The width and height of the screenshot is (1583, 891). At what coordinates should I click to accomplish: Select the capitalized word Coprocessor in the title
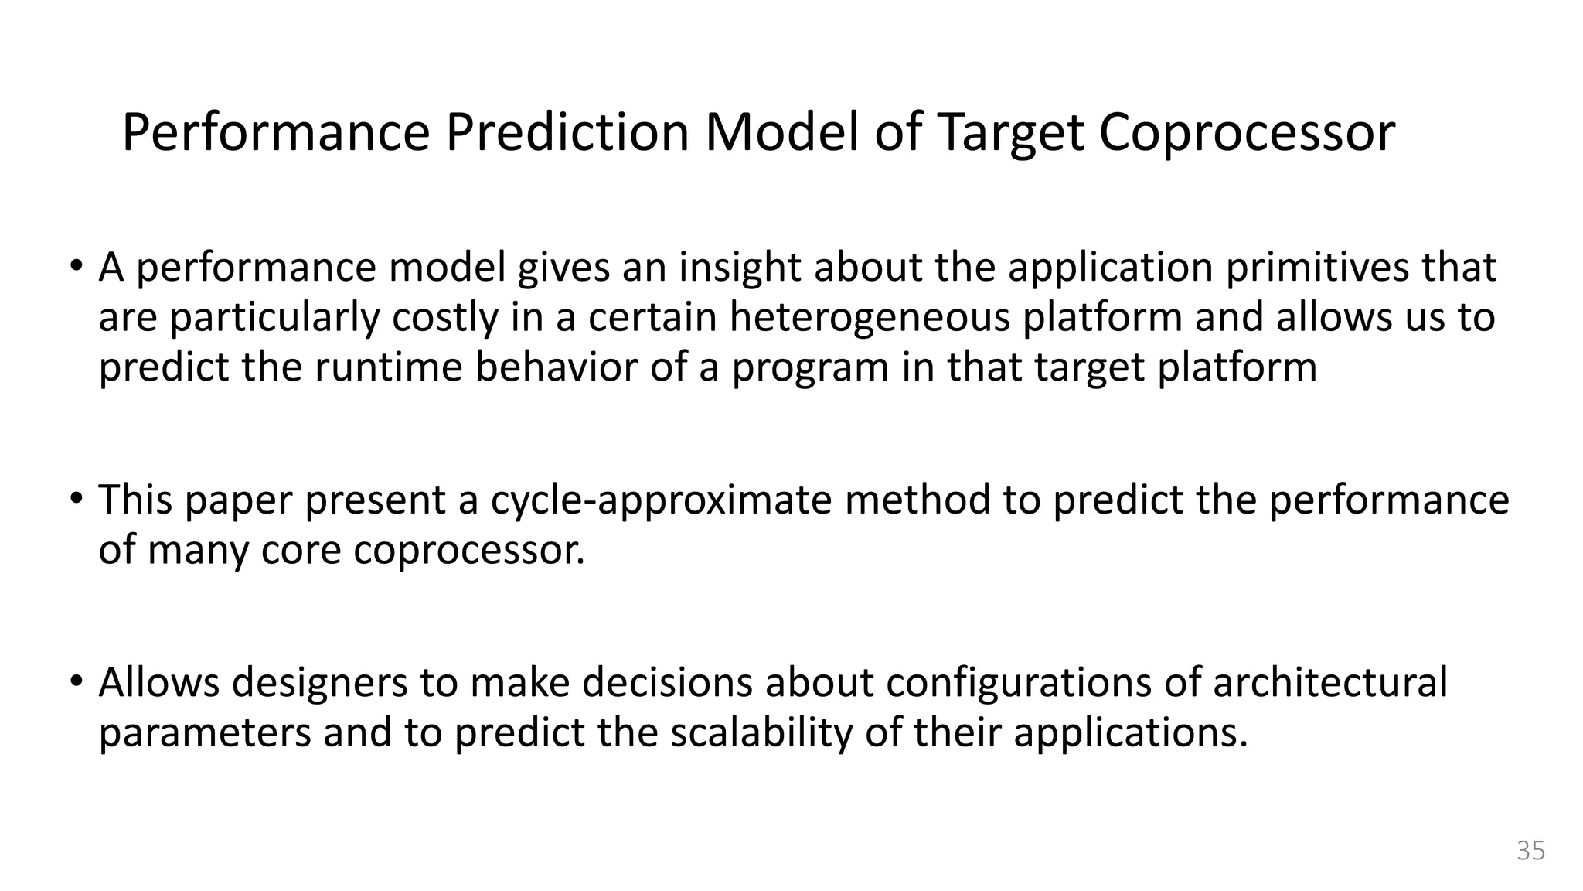(x=1247, y=133)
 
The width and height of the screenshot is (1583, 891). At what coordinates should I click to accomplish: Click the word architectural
(x=1329, y=683)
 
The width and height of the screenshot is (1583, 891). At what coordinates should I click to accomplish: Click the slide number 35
(x=1530, y=851)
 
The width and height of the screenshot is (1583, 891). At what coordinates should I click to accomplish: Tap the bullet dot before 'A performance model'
(x=75, y=266)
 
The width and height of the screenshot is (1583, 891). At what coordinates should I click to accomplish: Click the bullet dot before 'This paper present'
(x=75, y=498)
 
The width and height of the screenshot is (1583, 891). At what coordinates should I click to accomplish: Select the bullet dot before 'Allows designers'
(x=75, y=681)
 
